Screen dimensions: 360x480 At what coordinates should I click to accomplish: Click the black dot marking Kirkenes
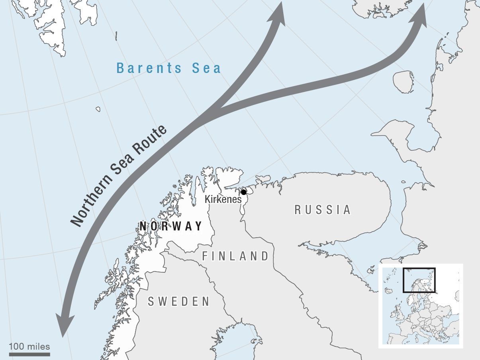point(243,192)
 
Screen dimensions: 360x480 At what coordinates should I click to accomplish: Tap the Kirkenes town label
point(223,199)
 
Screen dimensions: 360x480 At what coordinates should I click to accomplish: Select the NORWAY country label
point(171,226)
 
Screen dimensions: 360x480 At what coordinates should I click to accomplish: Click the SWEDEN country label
point(179,302)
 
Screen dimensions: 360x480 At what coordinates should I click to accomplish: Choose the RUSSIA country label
point(323,210)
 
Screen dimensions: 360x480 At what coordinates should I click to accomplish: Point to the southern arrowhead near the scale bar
point(64,325)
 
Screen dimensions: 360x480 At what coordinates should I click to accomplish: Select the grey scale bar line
point(29,354)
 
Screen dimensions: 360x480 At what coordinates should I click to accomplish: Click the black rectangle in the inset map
point(419,280)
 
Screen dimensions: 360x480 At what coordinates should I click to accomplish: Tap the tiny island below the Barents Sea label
point(98,109)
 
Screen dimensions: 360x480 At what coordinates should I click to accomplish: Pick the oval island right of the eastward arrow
point(403,82)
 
